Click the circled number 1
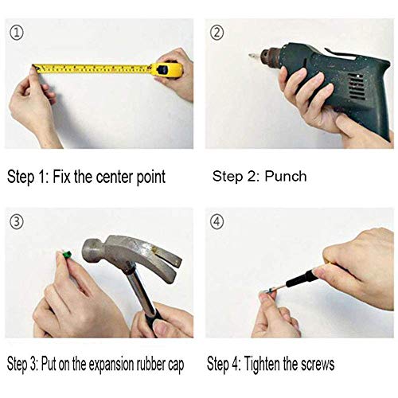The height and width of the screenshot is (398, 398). pyautogui.click(x=17, y=33)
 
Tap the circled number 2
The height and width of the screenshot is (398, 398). pyautogui.click(x=217, y=33)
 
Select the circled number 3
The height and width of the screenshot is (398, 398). pyautogui.click(x=17, y=221)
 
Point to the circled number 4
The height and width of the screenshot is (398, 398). pyautogui.click(x=217, y=221)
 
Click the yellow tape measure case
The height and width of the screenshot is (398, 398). pyautogui.click(x=167, y=69)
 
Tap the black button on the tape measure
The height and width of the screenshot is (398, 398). pyautogui.click(x=162, y=70)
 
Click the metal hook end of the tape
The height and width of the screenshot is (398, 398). pyautogui.click(x=35, y=68)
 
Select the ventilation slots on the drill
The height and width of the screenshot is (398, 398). pyautogui.click(x=356, y=87)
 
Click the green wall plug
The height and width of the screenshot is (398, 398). pyautogui.click(x=67, y=255)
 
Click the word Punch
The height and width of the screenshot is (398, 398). pyautogui.click(x=286, y=176)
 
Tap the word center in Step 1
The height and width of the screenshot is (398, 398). pyautogui.click(x=115, y=177)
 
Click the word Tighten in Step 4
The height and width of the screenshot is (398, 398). pyautogui.click(x=262, y=364)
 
